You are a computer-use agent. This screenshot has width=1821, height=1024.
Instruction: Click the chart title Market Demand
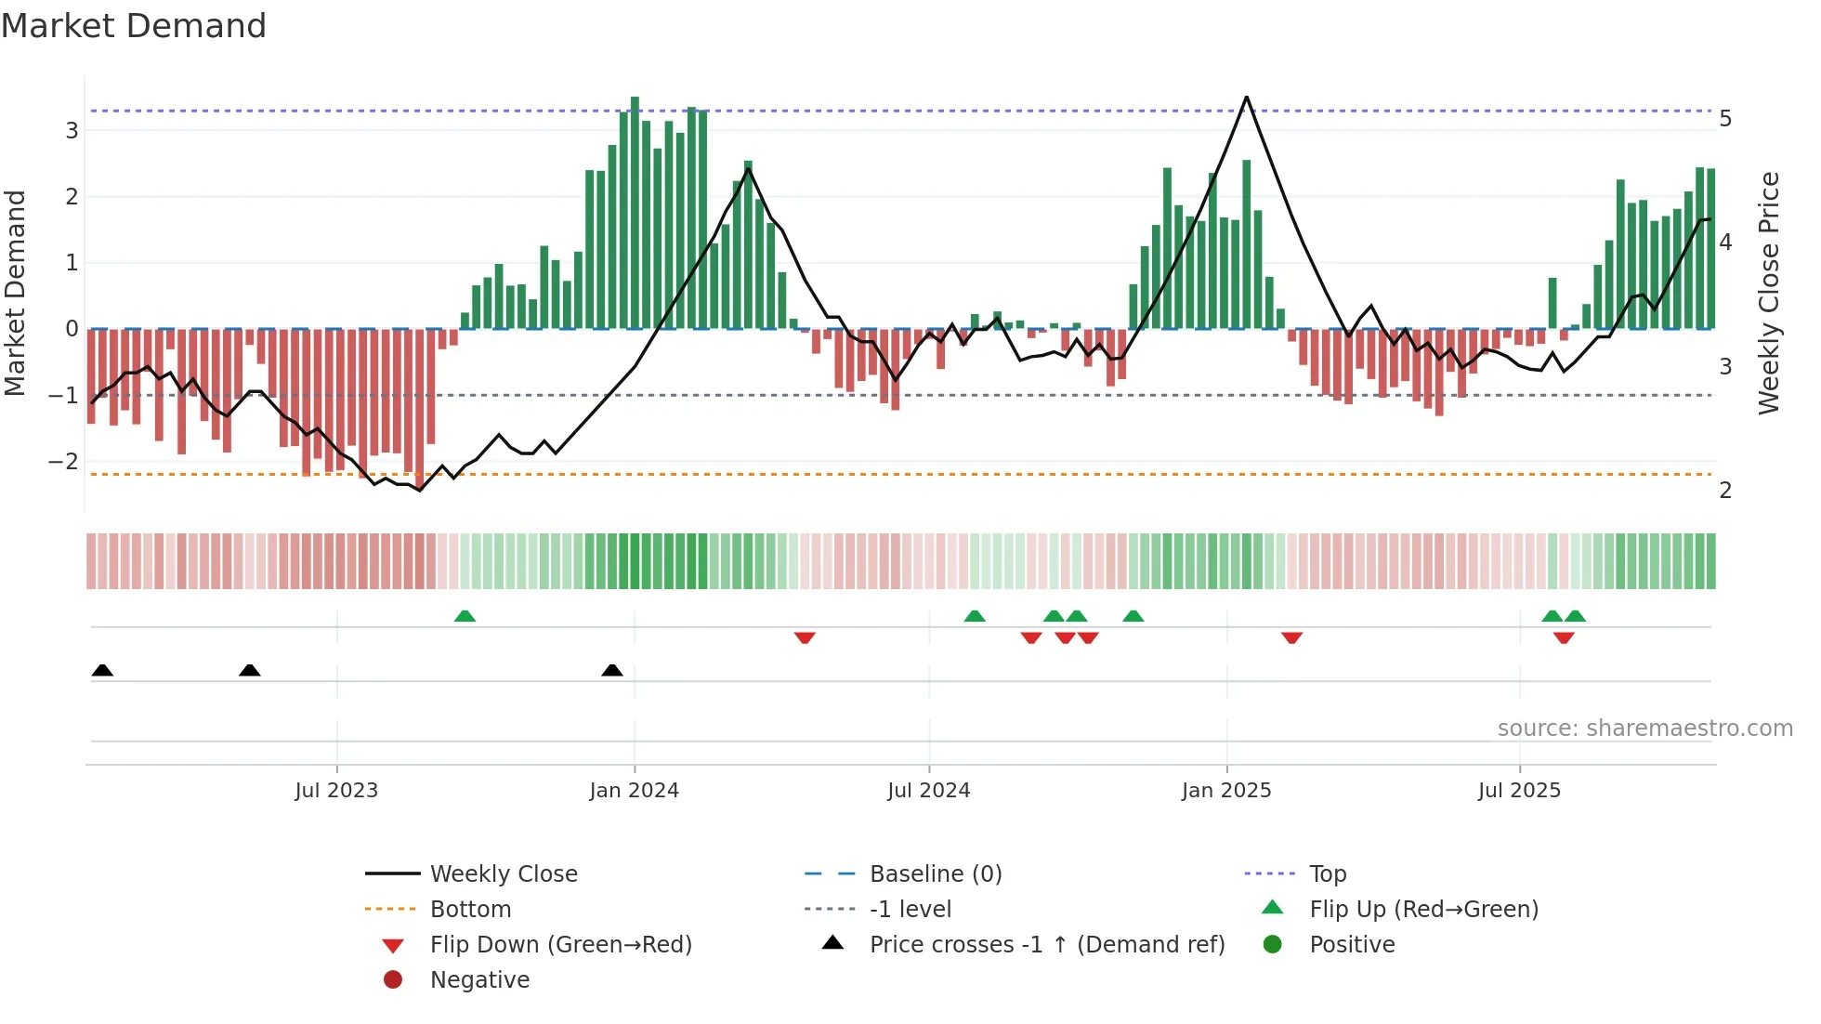point(134,26)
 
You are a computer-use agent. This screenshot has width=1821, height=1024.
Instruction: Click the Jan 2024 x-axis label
point(634,791)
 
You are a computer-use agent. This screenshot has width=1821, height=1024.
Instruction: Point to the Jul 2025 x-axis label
point(1519,791)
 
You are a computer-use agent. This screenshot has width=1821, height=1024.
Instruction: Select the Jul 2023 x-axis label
point(336,791)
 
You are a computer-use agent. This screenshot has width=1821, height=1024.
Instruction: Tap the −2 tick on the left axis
point(63,462)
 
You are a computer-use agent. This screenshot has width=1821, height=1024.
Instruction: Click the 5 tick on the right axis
point(1725,119)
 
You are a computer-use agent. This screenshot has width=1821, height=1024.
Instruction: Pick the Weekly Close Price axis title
point(1769,293)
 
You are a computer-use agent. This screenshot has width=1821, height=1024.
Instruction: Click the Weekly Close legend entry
point(503,874)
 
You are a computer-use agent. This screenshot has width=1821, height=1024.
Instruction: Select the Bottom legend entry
point(470,910)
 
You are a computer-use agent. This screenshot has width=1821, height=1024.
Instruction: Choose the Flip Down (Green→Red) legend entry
point(560,945)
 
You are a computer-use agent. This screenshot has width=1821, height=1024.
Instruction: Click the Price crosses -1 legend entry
point(1046,945)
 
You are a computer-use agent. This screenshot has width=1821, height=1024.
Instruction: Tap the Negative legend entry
point(479,980)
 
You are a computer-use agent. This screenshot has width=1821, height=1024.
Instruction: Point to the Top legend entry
point(1328,874)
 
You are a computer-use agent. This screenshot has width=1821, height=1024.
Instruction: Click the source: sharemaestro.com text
point(1644,729)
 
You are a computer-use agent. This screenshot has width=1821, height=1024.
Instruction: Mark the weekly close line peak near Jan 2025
point(1246,98)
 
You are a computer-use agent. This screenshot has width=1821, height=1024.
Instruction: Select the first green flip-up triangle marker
point(465,616)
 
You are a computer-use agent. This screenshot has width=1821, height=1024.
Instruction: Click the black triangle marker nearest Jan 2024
point(611,670)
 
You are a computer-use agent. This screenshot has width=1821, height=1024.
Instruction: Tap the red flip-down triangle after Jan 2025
point(1291,637)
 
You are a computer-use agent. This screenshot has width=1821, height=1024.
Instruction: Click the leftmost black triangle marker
point(102,670)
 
